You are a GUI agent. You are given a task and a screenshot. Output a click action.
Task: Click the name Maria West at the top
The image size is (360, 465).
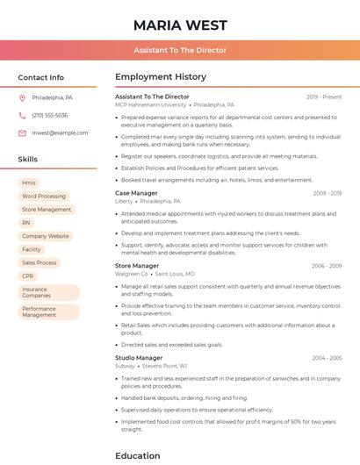pos(180,25)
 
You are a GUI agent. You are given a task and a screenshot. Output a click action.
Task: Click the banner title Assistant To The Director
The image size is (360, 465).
pos(180,51)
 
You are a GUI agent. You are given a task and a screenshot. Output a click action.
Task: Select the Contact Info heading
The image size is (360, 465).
pos(40,77)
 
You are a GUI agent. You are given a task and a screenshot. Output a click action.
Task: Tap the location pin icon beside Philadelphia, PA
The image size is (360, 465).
pos(22,97)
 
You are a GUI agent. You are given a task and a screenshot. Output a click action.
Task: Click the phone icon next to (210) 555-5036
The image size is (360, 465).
pos(22,115)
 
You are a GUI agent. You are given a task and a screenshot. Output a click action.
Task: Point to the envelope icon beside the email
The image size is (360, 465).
pos(22,132)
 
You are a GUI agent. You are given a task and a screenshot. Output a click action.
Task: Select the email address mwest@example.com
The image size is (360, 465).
pos(60,132)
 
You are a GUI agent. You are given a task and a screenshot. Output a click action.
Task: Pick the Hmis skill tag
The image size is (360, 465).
pos(29,182)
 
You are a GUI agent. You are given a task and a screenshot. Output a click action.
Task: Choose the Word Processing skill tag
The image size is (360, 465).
pos(44,197)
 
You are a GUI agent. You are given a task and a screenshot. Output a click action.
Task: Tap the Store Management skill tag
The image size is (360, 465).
pos(47,210)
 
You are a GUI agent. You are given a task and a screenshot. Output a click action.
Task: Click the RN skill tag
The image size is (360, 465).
pos(26,223)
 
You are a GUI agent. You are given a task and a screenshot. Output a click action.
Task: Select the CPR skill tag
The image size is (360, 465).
pos(28,275)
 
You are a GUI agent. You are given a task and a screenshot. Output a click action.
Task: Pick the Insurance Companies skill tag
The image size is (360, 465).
pos(36,292)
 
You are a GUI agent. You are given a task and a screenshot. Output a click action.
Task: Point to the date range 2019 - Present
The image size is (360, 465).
pos(324,97)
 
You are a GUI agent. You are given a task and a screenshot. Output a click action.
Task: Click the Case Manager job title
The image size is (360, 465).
pos(136,193)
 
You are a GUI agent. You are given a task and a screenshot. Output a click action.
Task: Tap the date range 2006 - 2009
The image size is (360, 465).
pos(327,266)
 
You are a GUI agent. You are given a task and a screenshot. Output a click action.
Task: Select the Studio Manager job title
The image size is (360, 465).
pos(139,358)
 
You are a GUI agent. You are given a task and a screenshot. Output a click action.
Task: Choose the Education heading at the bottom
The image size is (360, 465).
pos(137,455)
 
